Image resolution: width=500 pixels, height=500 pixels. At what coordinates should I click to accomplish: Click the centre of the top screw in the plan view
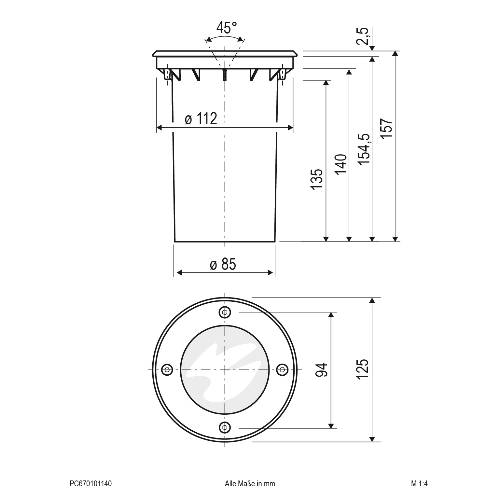[x=225, y=312]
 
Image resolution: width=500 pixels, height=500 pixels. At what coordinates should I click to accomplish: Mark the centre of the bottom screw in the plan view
[x=225, y=426]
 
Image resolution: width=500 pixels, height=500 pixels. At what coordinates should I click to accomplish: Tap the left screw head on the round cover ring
[x=167, y=369]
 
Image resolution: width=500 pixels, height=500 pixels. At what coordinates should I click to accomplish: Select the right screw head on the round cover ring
[x=282, y=369]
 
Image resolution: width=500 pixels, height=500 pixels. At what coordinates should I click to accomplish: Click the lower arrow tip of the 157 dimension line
[x=395, y=242]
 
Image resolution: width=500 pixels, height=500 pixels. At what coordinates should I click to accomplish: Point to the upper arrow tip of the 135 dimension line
[x=326, y=80]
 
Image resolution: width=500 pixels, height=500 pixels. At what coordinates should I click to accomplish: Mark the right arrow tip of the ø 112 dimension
[x=293, y=127]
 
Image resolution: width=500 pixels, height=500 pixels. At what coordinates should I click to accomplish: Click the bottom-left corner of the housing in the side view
[x=175, y=242]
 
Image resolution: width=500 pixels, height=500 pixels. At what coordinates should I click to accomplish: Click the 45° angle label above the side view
[x=227, y=28]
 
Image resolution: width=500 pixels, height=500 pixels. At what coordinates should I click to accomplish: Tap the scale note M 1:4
[x=419, y=484]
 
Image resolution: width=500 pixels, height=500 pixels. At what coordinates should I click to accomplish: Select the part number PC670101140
[x=91, y=484]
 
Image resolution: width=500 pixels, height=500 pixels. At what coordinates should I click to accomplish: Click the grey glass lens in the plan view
[x=225, y=369]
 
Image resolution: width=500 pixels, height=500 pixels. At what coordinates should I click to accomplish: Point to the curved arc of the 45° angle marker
[x=225, y=38]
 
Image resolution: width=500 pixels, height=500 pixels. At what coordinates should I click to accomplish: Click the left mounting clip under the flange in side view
[x=167, y=75]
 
